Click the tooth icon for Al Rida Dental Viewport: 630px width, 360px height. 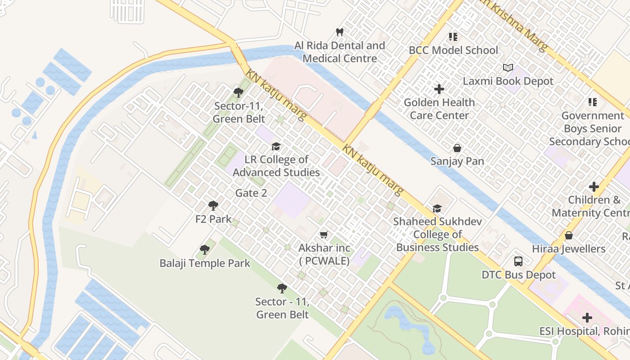340,32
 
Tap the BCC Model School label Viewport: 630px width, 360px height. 453,50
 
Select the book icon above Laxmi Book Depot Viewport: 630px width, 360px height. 508,67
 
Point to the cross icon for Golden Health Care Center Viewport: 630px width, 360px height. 439,89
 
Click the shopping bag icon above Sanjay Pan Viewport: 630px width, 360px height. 457,148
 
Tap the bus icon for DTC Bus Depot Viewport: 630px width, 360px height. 518,261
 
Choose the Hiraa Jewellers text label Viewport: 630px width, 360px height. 568,249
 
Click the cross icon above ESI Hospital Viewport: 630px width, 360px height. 587,318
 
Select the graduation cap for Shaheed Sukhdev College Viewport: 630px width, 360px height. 437,208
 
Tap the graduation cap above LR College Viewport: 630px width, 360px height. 276,146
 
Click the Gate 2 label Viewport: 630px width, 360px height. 251,193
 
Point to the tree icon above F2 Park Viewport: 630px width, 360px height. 213,206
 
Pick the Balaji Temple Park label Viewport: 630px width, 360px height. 205,263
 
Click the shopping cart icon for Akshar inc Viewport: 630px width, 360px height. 324,234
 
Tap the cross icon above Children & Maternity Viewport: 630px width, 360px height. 594,186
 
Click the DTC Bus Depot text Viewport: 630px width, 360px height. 518,275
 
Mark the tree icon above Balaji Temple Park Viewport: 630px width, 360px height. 205,249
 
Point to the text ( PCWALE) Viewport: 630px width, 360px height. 324,261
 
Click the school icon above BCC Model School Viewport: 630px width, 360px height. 453,37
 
